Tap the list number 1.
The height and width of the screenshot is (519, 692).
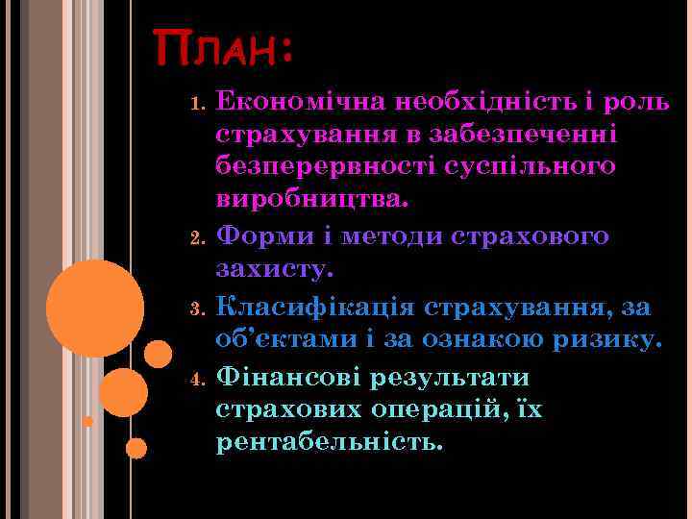[196, 103]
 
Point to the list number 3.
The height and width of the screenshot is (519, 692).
[196, 309]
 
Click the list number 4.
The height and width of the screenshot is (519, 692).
[196, 378]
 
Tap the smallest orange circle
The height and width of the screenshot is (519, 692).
[87, 421]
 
